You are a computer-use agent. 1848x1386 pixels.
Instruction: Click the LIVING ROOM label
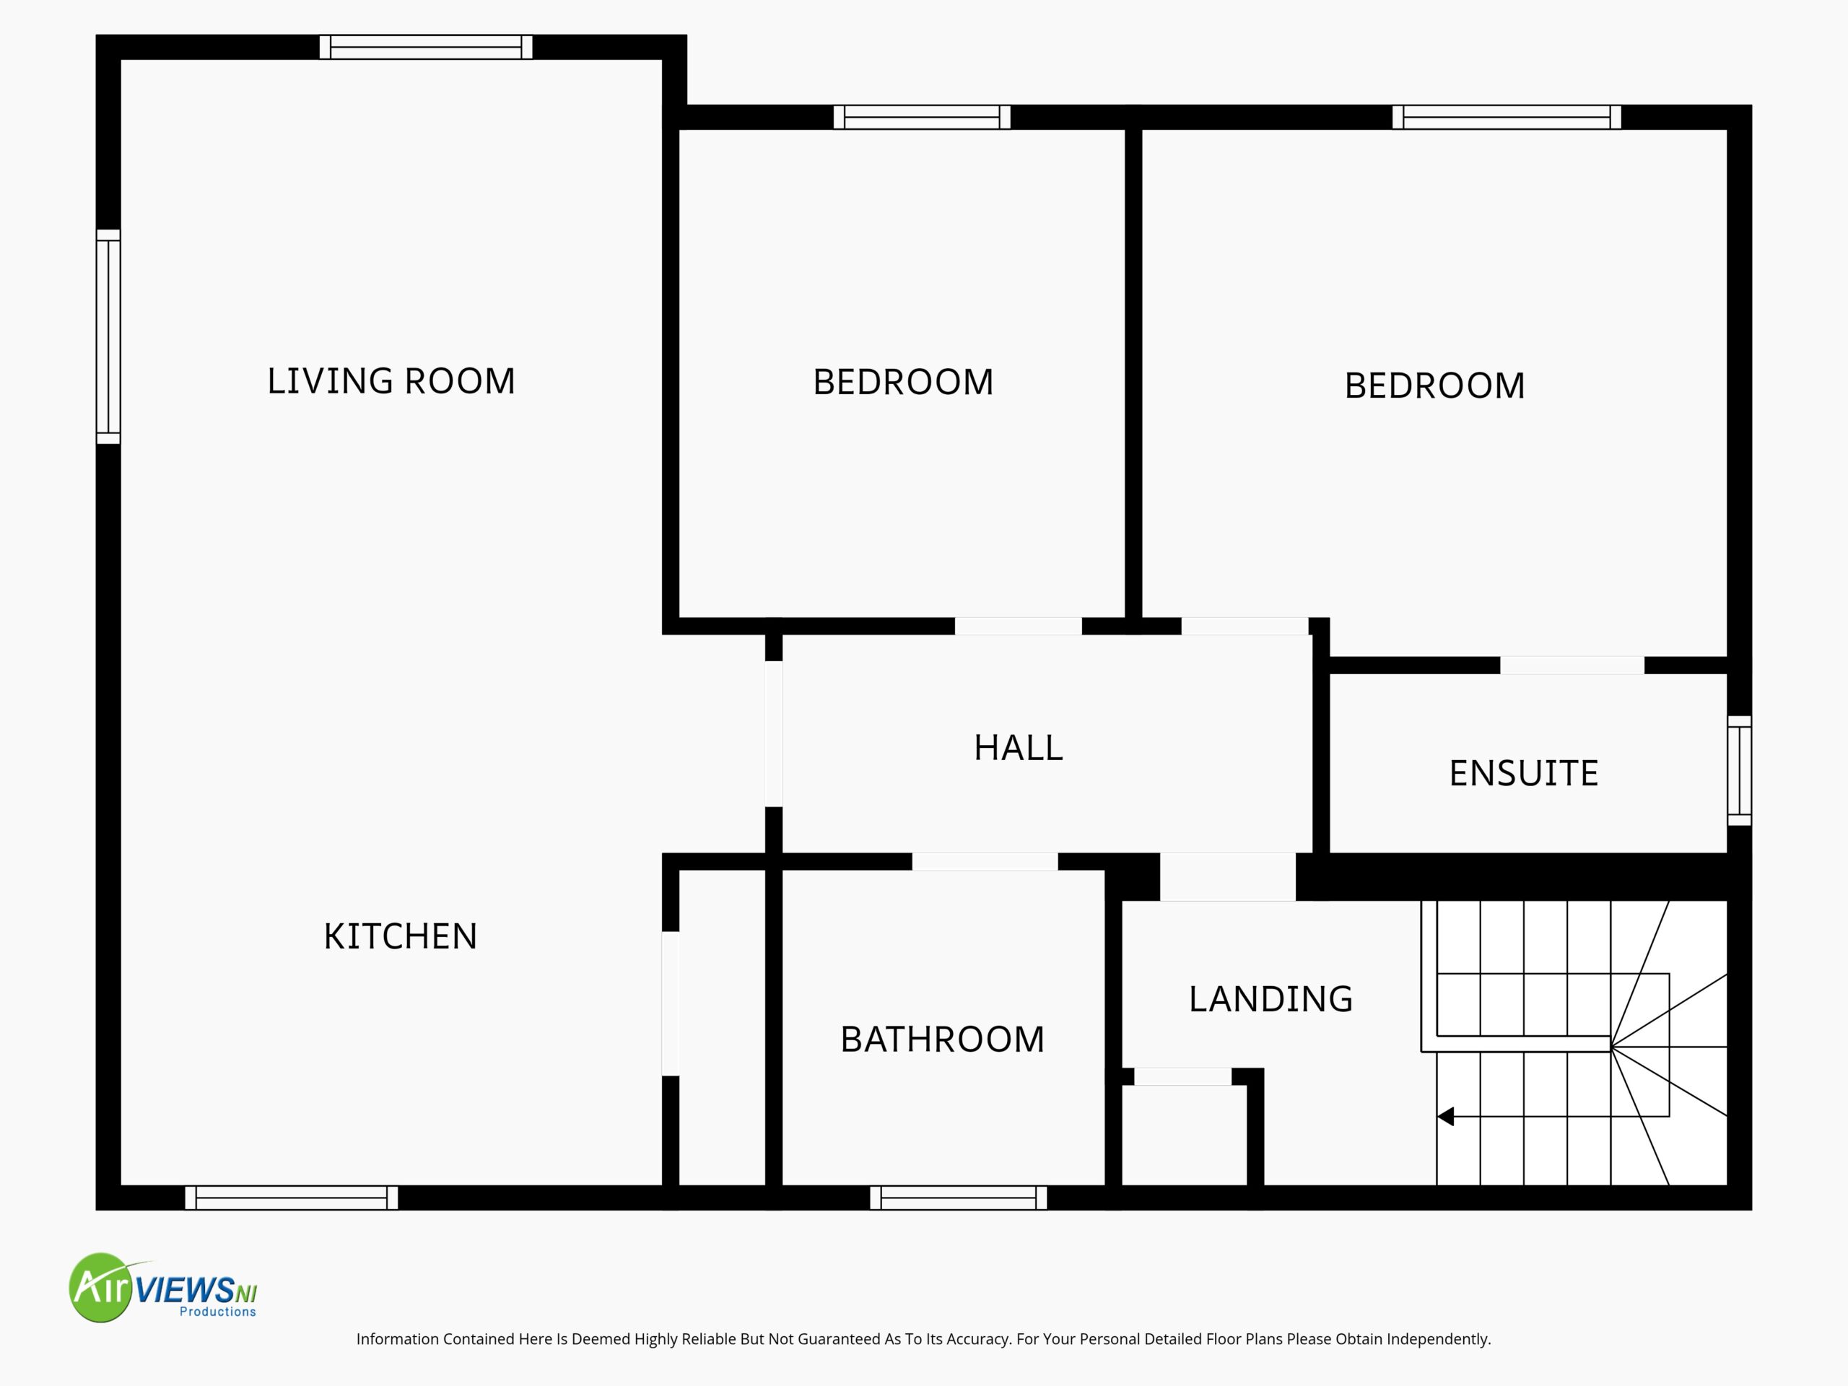[391, 381]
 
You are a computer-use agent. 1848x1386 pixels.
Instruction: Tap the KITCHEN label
[400, 936]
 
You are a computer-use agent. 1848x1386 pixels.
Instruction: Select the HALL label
[1019, 748]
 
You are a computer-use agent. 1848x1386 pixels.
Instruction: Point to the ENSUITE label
[1524, 774]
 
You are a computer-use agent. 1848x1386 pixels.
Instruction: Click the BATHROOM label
[942, 1039]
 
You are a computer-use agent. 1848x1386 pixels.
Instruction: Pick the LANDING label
[1270, 999]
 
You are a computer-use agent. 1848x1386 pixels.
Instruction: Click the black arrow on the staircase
[1445, 1116]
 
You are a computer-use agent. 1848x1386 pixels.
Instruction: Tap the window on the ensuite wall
[1740, 770]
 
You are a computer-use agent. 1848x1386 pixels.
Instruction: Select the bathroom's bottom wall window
[958, 1197]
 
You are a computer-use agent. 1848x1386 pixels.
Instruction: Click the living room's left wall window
[108, 336]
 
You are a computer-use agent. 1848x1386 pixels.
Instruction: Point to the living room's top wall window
[426, 47]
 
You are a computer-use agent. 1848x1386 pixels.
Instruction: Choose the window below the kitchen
[292, 1197]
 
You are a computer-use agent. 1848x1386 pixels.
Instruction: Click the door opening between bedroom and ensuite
[1572, 666]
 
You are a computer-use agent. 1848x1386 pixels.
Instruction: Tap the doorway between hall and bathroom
[985, 861]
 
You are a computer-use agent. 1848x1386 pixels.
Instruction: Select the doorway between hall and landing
[1228, 876]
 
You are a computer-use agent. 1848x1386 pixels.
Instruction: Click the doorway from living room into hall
[775, 734]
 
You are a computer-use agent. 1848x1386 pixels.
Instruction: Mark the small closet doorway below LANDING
[1183, 1077]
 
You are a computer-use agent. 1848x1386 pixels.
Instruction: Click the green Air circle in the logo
[102, 1287]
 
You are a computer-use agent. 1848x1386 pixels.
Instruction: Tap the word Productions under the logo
[218, 1312]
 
